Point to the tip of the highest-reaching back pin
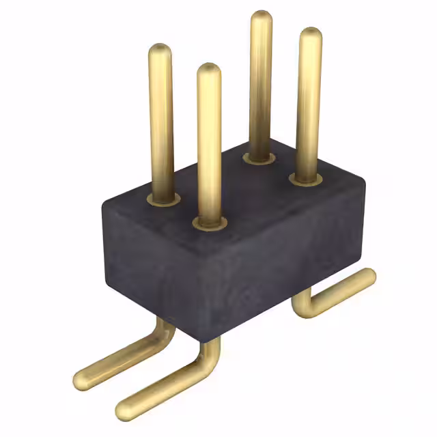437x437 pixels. [261, 17]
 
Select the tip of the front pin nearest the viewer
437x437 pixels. [208, 69]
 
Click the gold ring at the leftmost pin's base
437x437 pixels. [163, 199]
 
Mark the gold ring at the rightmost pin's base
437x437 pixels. [306, 179]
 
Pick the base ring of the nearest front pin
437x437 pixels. [209, 223]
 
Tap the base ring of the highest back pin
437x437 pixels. [259, 159]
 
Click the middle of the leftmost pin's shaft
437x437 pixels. [161, 123]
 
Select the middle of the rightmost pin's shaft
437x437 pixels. [309, 102]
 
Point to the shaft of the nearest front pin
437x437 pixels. [209, 143]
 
